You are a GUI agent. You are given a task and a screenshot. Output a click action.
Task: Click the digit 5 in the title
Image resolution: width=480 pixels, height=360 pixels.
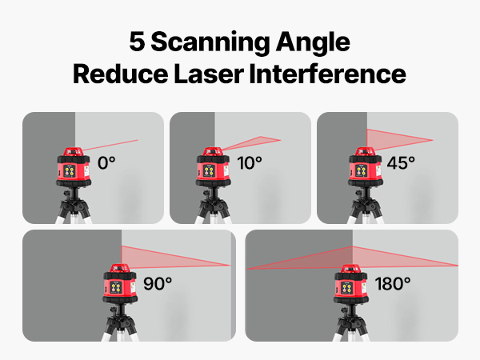pos(137,42)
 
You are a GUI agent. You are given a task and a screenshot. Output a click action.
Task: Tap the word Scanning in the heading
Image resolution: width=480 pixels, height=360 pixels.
pos(210,43)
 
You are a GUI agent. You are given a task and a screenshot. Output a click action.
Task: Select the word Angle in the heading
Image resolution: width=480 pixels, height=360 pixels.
pos(313,43)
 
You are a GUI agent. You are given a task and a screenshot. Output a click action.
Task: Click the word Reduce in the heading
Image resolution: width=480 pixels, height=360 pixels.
pos(120,74)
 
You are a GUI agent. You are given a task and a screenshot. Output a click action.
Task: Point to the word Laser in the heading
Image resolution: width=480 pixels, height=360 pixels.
pos(209,74)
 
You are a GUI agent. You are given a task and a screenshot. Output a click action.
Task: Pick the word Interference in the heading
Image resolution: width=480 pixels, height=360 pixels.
pos(328,74)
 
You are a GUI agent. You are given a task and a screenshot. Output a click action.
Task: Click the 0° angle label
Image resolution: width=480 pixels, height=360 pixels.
pos(106,163)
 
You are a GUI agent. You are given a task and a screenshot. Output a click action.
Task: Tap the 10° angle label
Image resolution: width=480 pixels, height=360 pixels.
pos(250,163)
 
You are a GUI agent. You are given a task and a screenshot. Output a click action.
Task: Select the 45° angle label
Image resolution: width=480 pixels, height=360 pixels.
pos(401,163)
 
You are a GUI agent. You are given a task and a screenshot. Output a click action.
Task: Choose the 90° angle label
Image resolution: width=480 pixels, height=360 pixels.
pos(158,283)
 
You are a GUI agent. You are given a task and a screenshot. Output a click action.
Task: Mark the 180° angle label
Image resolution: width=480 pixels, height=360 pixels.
pos(393,283)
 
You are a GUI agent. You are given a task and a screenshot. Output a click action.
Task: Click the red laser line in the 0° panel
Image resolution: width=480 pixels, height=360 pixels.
pos(110,145)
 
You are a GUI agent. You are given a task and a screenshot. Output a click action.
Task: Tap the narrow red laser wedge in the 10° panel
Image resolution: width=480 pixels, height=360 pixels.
pos(251,142)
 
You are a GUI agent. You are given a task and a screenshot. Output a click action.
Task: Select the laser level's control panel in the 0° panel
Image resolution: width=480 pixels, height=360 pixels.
pos(70,171)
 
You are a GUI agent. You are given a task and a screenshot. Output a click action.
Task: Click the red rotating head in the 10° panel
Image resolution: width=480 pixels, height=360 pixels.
pos(213,151)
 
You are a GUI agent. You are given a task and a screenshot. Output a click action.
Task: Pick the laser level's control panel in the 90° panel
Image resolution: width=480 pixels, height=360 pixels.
pos(116,287)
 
